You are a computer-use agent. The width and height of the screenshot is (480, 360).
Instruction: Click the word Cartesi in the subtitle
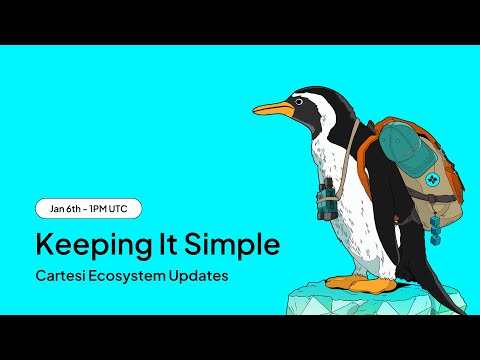click(62, 274)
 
